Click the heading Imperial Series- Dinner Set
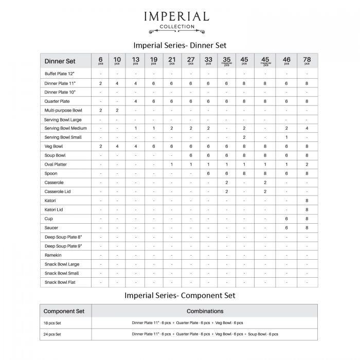coord(179,45)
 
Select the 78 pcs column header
coord(307,61)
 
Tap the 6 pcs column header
coord(101,61)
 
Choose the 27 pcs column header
coord(191,61)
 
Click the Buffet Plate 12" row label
coord(59,74)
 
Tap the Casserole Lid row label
coord(57,191)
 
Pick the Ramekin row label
coord(53,255)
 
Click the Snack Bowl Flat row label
coord(60,282)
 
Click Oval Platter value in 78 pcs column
coord(307,165)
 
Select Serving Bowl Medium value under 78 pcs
coord(307,128)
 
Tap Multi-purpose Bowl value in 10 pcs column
coord(117,111)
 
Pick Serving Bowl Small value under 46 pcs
coord(286,137)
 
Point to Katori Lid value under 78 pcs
coord(307,209)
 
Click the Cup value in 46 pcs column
coord(286,219)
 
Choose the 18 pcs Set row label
coord(53,322)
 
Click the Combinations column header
coord(205,311)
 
